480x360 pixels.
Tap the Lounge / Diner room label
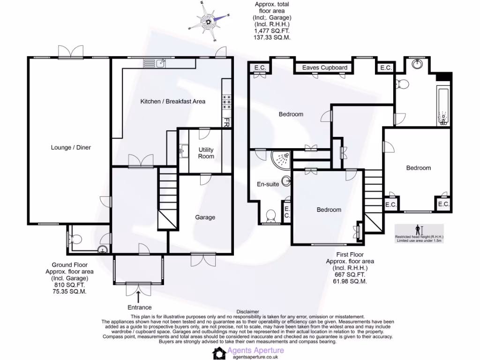point(71,148)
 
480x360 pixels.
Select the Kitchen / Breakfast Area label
point(173,101)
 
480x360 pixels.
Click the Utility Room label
point(206,153)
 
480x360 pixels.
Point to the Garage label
point(205,217)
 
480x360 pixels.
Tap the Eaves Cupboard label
point(324,68)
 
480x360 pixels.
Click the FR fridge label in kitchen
point(226,122)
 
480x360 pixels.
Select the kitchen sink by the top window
point(160,63)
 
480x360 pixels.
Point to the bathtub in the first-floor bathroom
point(442,105)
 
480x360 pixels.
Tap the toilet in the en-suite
point(270,216)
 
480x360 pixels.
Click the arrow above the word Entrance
point(139,297)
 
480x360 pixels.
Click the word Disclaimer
point(248,311)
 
